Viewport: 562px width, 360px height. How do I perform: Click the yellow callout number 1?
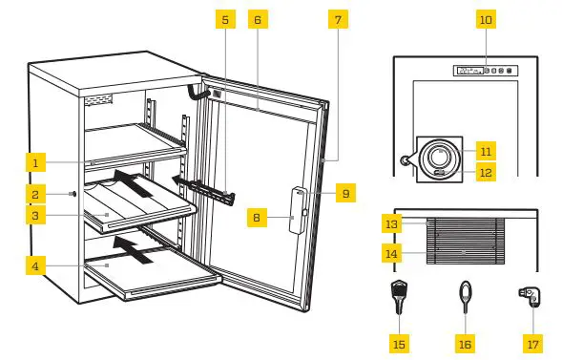(34, 163)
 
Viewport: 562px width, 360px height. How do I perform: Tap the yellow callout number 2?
(34, 194)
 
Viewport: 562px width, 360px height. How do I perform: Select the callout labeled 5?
(224, 19)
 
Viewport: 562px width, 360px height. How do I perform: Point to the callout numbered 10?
(485, 19)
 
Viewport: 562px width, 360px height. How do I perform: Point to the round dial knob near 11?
(440, 154)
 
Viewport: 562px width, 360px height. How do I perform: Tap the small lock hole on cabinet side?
(73, 194)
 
